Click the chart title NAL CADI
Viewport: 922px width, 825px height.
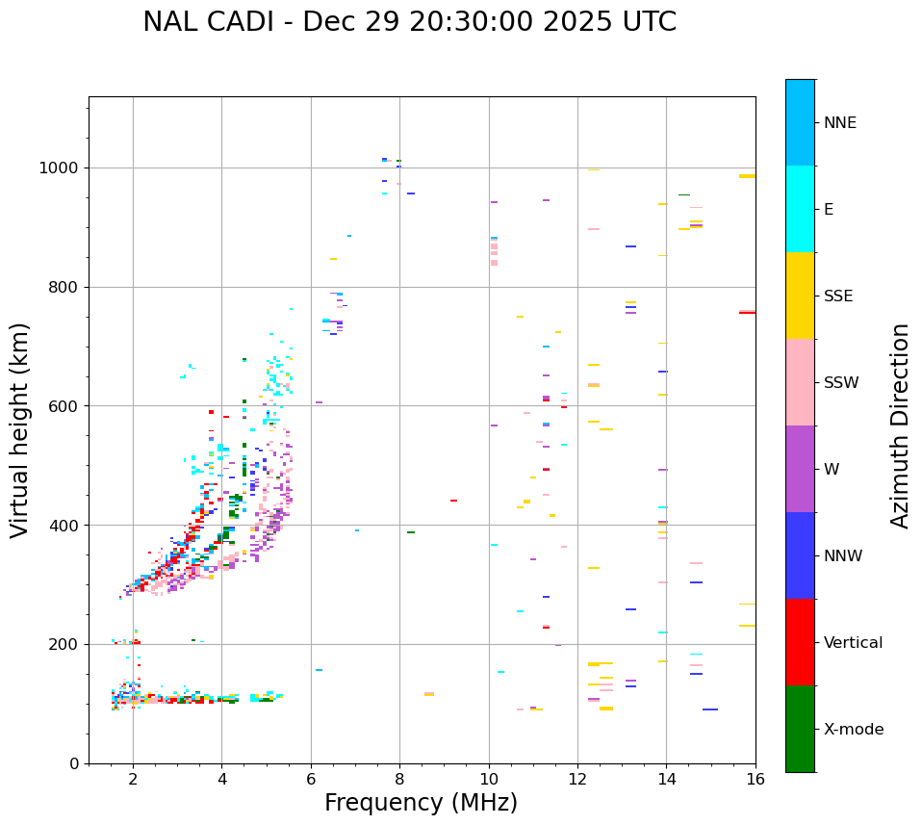tap(409, 22)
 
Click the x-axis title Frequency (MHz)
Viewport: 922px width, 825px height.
tap(421, 803)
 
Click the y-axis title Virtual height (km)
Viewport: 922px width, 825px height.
tap(20, 429)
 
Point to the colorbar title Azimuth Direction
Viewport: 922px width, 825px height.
tap(900, 425)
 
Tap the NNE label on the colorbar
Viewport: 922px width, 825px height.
tap(839, 123)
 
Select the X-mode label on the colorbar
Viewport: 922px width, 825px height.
tap(853, 730)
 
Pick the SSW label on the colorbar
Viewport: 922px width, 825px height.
tap(841, 383)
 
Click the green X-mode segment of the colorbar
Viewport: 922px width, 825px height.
tap(800, 729)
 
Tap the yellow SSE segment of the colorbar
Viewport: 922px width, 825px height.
tap(800, 296)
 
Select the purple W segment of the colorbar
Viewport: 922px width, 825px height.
tap(800, 469)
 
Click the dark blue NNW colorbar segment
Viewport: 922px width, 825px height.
tap(800, 555)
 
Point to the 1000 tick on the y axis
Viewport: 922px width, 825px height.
tap(63, 168)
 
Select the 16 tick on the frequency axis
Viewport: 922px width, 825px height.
tap(756, 778)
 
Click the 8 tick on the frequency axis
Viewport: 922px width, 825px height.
tap(399, 778)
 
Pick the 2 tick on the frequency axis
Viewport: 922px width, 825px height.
tap(133, 778)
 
